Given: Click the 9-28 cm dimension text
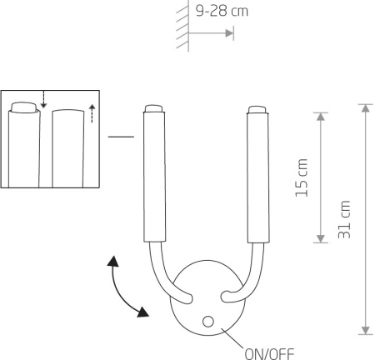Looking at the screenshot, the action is click(222, 11).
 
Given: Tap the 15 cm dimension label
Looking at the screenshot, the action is click(302, 177).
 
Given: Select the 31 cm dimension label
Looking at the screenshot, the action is click(344, 219).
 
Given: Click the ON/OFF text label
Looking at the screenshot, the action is click(269, 353).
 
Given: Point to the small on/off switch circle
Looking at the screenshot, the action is click(208, 322).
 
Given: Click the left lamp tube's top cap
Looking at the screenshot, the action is click(154, 108).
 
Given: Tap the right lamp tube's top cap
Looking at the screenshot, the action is click(257, 109).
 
